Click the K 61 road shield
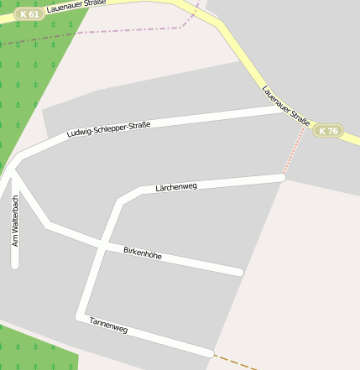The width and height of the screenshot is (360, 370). [29, 14]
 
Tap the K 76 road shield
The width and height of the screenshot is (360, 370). [328, 131]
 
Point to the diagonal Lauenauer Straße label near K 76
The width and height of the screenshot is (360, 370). [285, 106]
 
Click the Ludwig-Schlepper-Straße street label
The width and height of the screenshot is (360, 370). [108, 130]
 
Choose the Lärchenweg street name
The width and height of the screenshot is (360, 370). [176, 187]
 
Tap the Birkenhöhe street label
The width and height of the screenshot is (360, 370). [143, 252]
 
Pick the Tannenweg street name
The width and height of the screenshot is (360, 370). [108, 326]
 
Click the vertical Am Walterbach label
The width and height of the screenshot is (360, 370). [14, 220]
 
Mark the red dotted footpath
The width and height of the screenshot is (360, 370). [295, 151]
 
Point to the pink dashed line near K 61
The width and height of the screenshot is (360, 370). [109, 32]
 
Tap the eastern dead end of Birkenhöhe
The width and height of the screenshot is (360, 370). [239, 272]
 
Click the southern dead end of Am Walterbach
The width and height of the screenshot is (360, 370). [14, 264]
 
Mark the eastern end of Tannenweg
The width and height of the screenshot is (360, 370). [210, 353]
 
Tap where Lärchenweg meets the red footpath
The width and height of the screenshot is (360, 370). [283, 177]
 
